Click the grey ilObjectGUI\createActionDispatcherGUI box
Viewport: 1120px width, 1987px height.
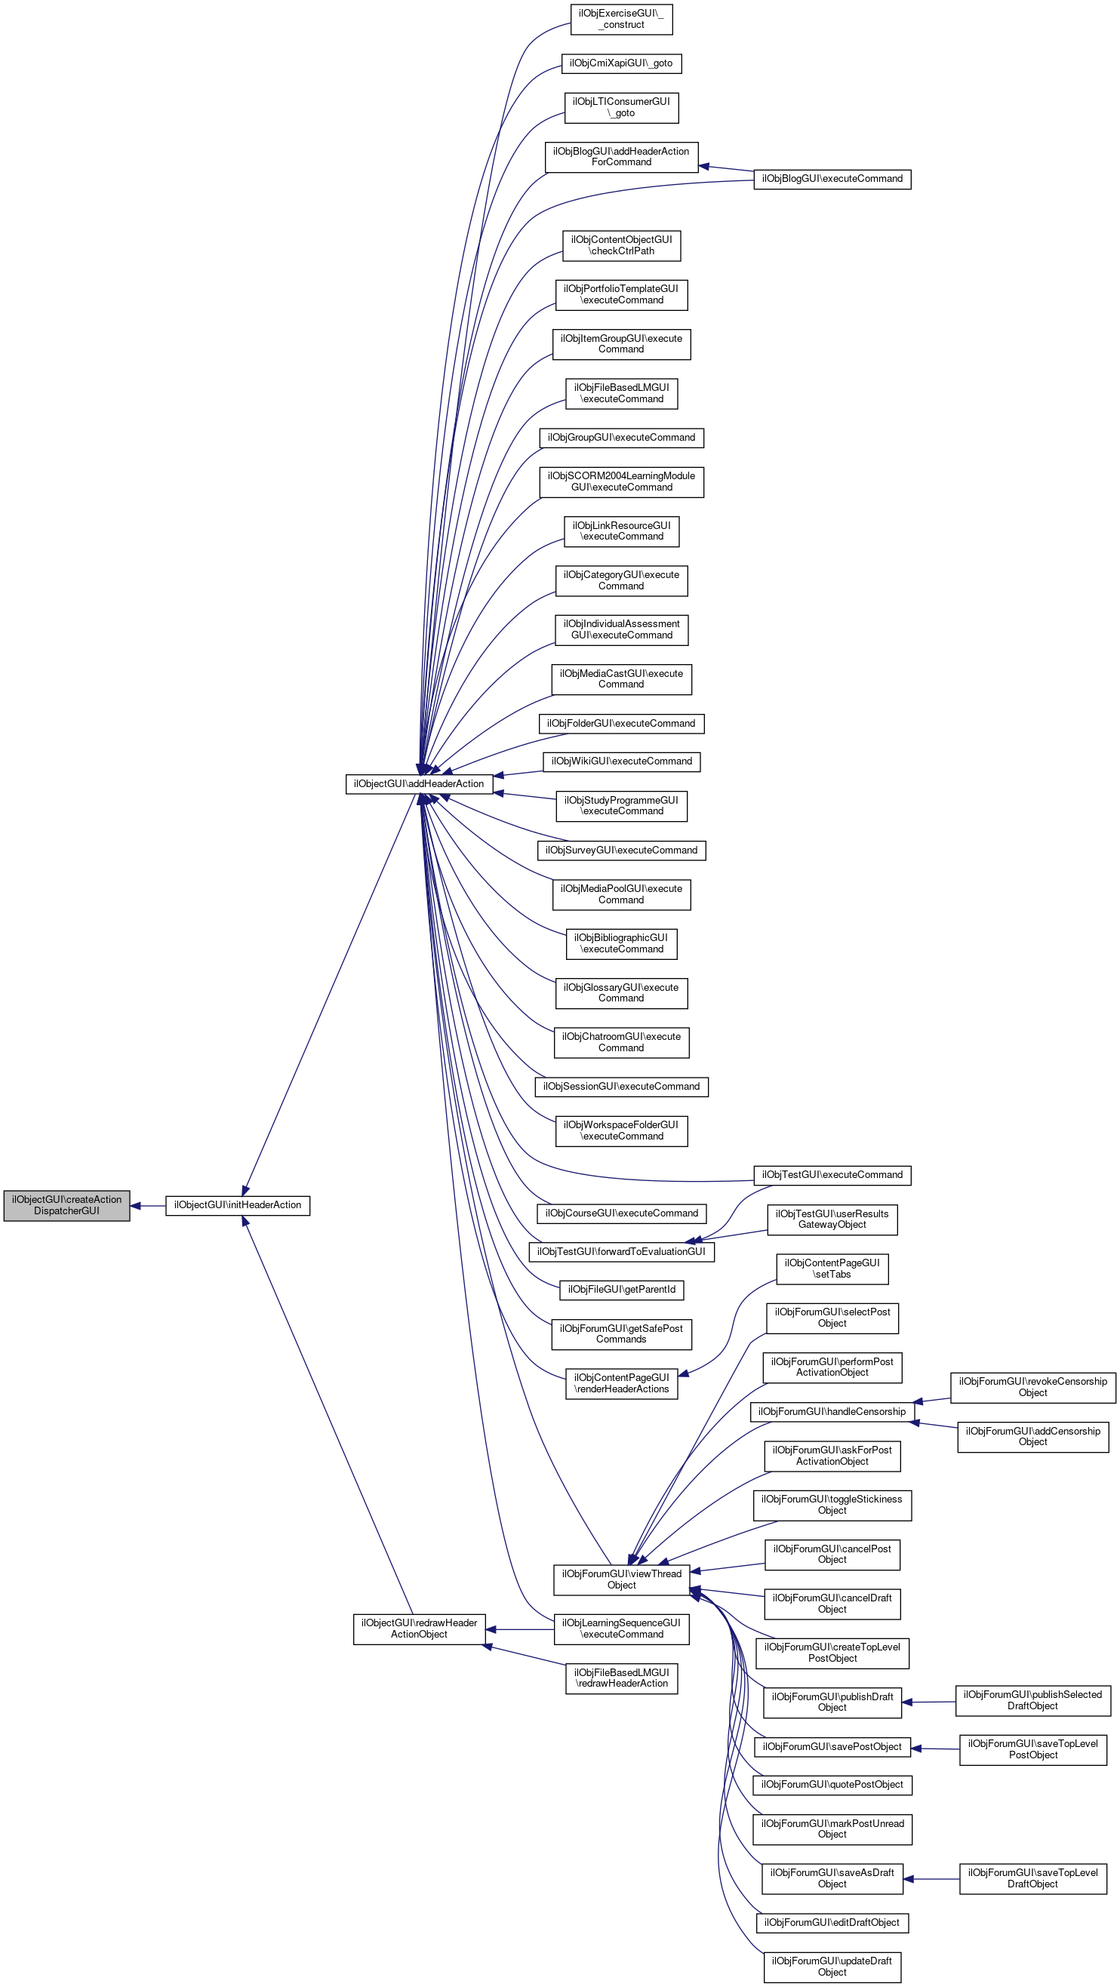pos(66,1205)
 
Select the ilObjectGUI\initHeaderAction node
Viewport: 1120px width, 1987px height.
pos(238,1205)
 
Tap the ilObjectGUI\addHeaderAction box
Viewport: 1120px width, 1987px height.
pos(419,783)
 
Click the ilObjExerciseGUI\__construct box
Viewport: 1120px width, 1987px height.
pos(621,20)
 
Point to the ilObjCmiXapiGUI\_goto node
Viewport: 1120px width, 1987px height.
pos(621,63)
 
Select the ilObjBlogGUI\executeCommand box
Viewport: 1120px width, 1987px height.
pos(832,179)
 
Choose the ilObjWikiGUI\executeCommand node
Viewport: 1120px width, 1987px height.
pos(621,761)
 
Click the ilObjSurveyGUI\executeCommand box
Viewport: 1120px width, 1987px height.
pos(621,850)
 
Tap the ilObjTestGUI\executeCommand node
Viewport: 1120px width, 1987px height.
pos(832,1175)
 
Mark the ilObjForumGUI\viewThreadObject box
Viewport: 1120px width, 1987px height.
pos(621,1579)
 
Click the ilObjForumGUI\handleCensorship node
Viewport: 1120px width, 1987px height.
pos(832,1411)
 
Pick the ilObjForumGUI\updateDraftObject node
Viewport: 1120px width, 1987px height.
pos(832,1966)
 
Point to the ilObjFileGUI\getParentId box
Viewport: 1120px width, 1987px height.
pos(621,1289)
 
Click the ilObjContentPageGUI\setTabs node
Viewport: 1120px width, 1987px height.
pos(832,1268)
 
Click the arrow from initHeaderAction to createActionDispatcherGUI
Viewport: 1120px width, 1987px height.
pos(147,1206)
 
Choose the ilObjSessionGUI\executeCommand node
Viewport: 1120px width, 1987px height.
pos(621,1086)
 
